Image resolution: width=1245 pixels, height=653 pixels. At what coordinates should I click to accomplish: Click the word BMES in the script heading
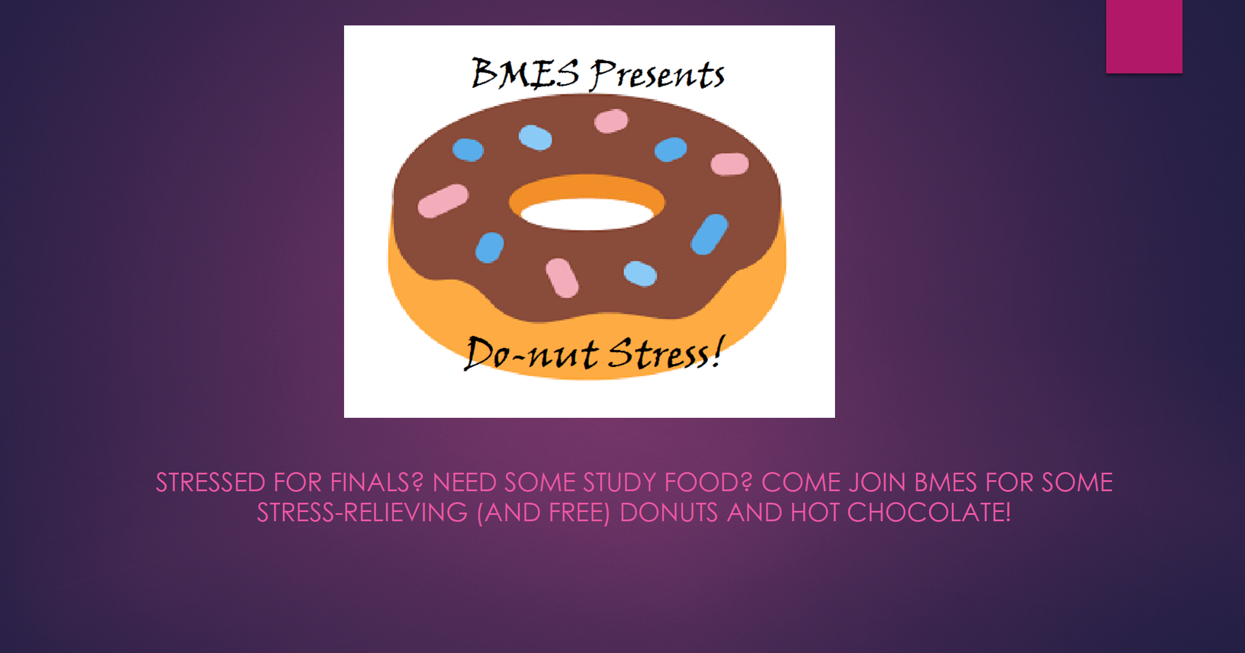tap(525, 74)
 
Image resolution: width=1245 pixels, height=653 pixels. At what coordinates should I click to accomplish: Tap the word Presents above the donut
tap(657, 75)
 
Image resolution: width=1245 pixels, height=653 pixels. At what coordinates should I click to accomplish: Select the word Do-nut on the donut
tap(531, 353)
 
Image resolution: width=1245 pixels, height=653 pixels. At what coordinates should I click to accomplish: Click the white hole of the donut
tap(587, 214)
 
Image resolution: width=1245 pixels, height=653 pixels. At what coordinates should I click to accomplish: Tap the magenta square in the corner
tap(1144, 36)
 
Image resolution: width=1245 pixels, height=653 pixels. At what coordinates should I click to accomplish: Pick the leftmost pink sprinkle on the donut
tap(443, 201)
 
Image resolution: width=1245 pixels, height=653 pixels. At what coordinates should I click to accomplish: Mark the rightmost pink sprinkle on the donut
tap(730, 164)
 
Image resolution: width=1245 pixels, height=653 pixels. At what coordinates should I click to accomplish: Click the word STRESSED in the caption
tap(210, 483)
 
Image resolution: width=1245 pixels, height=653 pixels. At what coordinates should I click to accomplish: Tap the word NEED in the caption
tap(464, 483)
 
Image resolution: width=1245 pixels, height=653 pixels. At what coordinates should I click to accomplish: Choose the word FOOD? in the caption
tap(708, 483)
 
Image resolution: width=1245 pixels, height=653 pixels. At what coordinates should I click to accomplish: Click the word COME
tap(800, 483)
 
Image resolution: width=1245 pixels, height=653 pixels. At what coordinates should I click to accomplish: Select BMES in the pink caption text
tap(946, 483)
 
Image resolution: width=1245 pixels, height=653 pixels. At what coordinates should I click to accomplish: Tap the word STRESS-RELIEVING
tap(362, 513)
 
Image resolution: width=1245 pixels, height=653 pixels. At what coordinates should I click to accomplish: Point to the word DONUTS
tap(668, 513)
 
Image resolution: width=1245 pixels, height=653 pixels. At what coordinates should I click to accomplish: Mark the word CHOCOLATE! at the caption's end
tap(929, 513)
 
